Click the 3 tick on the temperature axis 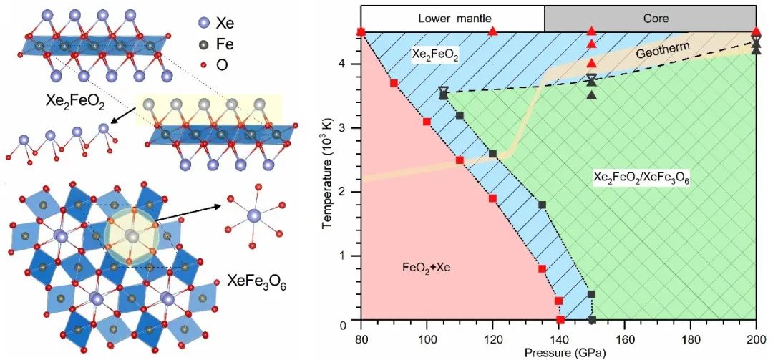349,128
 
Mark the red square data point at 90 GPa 394,84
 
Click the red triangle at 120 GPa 492,31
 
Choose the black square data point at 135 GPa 542,205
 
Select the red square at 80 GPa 361,32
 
